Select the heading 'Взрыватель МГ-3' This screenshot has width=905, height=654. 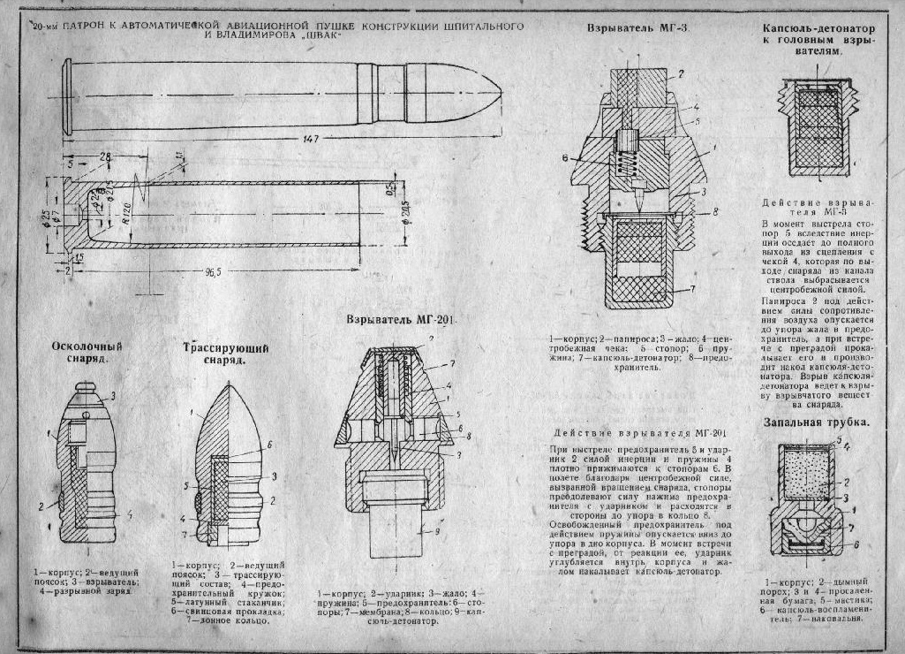pos(637,28)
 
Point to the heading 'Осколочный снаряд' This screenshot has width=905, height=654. pos(87,354)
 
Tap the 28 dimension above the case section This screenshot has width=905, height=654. pos(106,156)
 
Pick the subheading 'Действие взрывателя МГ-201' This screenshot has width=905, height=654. pos(640,433)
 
